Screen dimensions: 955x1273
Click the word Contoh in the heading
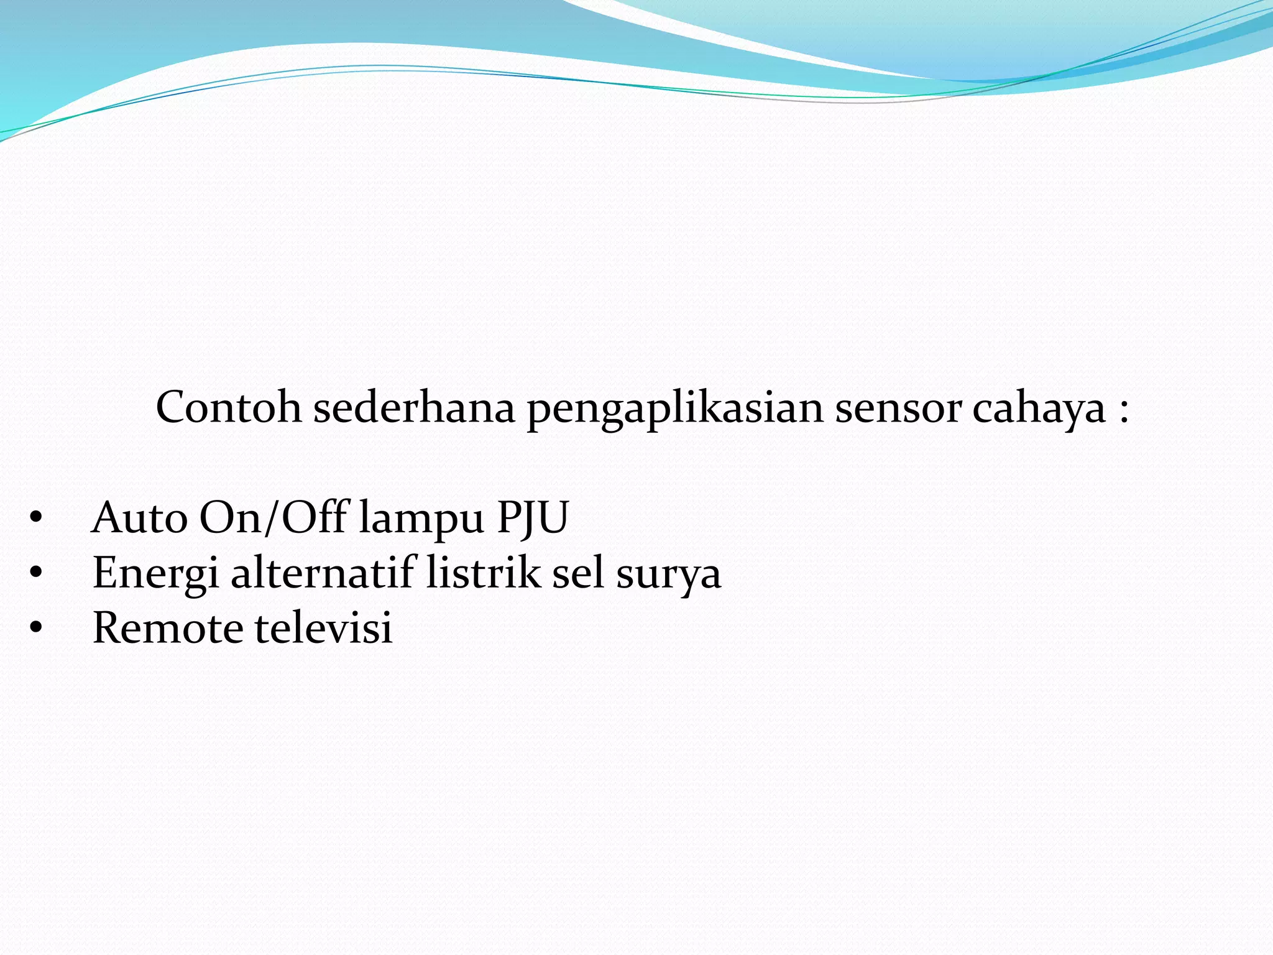click(x=228, y=408)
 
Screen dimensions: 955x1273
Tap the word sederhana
click(x=414, y=408)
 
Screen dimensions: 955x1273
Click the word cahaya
click(x=1039, y=410)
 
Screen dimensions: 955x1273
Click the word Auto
click(x=139, y=517)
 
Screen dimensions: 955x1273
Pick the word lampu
click(x=421, y=520)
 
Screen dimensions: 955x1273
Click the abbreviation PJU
click(x=533, y=519)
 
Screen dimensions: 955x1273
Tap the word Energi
click(x=155, y=573)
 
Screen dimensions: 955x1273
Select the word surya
click(x=668, y=576)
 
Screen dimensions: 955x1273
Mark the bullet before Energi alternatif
click(x=35, y=573)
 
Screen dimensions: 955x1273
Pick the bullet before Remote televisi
click(x=35, y=628)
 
